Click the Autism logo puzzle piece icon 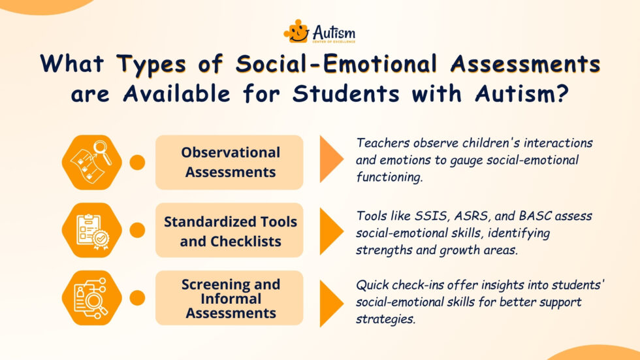296,31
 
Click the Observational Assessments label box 230,162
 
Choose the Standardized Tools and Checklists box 230,231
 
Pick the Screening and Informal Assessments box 230,299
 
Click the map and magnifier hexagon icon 91,162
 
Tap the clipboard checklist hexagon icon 91,231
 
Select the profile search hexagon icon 91,299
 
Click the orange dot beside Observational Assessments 137,162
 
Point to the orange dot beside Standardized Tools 137,231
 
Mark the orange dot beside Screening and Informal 137,299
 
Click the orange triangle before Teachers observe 330,162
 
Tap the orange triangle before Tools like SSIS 330,231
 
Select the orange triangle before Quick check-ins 330,299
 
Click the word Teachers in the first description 381,142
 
